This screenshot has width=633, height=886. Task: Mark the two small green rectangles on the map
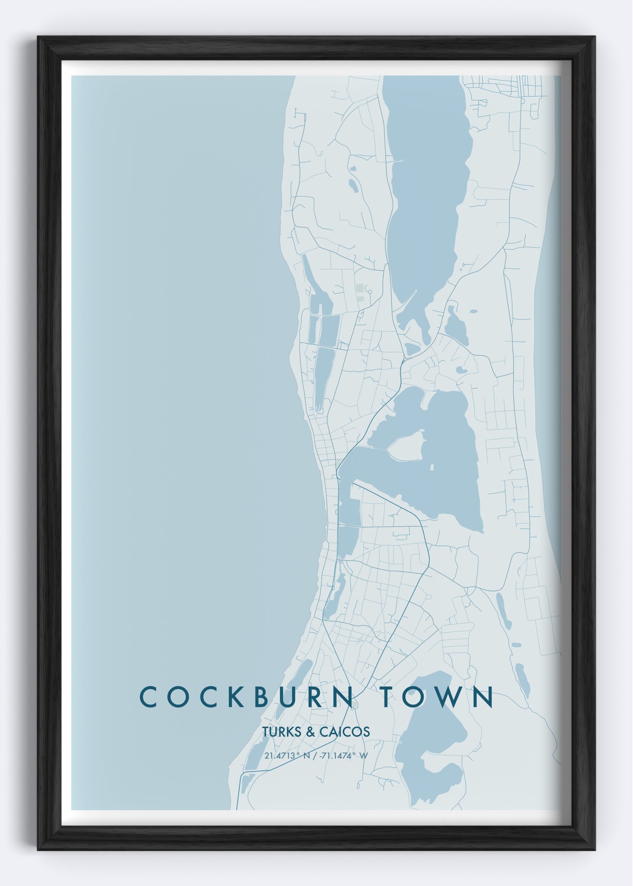coord(360,293)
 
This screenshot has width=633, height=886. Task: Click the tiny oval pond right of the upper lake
coord(474,312)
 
